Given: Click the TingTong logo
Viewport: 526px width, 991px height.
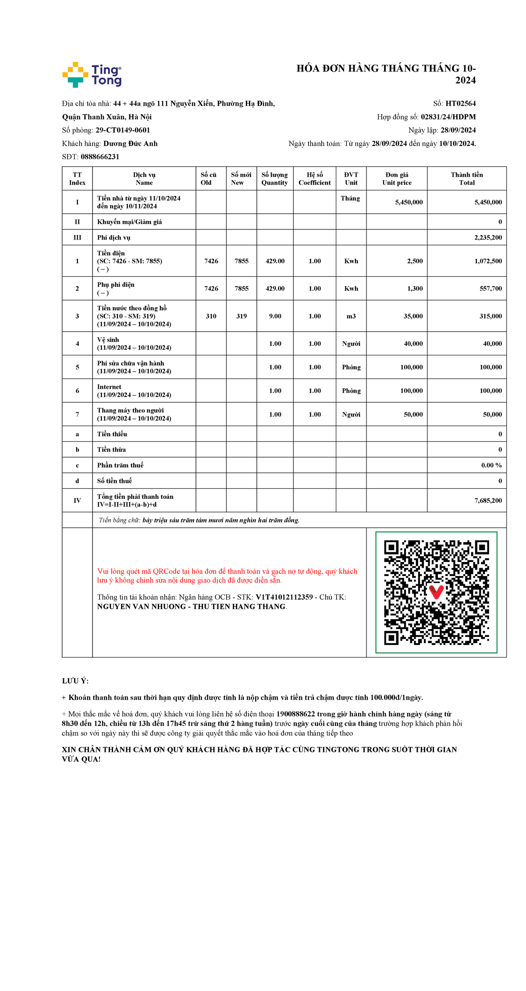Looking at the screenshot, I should pyautogui.click(x=92, y=75).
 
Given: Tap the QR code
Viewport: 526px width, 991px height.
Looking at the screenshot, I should pyautogui.click(x=436, y=592).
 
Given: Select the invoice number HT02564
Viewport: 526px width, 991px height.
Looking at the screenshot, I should pyautogui.click(x=460, y=104).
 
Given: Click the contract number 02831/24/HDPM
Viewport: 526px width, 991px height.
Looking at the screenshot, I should pyautogui.click(x=448, y=117).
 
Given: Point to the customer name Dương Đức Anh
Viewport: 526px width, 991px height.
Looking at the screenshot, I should pyautogui.click(x=130, y=143).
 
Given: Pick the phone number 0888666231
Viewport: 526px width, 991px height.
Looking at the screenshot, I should pyautogui.click(x=100, y=157).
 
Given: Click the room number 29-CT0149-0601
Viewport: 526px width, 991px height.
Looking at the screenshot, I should pyautogui.click(x=123, y=130).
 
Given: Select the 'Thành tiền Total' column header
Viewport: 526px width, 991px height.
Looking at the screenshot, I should pyautogui.click(x=466, y=179).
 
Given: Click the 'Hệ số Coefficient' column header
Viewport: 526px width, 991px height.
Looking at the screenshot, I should pyautogui.click(x=314, y=179).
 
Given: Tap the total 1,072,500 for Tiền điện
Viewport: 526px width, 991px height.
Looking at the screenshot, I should pyautogui.click(x=488, y=261).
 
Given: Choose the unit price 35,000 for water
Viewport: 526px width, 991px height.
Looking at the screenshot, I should pyautogui.click(x=413, y=316).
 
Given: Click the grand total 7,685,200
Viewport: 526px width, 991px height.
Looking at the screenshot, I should pyautogui.click(x=488, y=501).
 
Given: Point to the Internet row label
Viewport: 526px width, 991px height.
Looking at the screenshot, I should pyautogui.click(x=109, y=387).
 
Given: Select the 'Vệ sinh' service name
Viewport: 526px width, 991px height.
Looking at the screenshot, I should pyautogui.click(x=108, y=340).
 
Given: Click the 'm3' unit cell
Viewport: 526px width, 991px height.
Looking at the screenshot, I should pyautogui.click(x=351, y=316).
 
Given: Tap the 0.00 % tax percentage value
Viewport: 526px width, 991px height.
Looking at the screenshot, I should pyautogui.click(x=491, y=465).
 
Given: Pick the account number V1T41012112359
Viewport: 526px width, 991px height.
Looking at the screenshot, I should pyautogui.click(x=284, y=597).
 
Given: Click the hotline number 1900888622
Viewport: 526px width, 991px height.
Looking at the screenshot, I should pyautogui.click(x=295, y=714).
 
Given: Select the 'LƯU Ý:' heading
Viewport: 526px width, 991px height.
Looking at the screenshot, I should pyautogui.click(x=75, y=681).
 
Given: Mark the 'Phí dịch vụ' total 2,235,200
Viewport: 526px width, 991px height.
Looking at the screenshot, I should pyautogui.click(x=488, y=237).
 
